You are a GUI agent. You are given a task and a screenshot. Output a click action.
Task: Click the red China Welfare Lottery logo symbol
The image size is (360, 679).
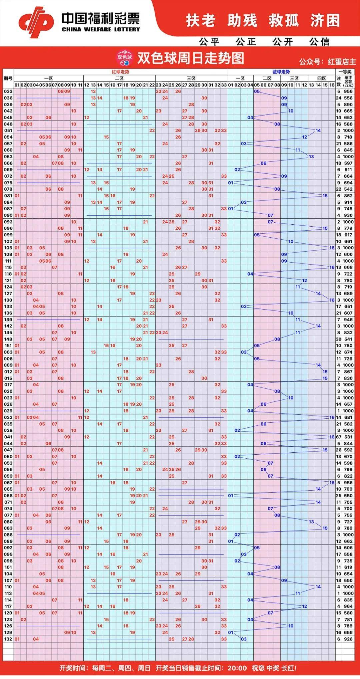click(x=36, y=22)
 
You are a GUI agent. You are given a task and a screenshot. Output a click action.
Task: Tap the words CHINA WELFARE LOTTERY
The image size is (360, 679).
click(x=101, y=29)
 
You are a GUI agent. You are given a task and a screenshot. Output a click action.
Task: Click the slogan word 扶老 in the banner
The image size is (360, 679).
click(x=201, y=21)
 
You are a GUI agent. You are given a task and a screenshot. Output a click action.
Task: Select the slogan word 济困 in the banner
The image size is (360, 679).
click(x=325, y=21)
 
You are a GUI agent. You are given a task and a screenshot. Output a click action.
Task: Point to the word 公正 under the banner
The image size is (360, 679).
click(x=246, y=42)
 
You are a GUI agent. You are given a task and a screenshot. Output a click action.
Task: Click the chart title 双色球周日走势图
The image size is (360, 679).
click(x=191, y=58)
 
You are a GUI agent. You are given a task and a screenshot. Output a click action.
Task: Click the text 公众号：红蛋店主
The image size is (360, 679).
click(x=327, y=62)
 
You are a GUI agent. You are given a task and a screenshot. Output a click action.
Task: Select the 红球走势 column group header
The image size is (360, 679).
click(x=120, y=72)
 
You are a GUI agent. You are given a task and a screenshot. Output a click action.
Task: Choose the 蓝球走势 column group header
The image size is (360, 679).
click(x=281, y=72)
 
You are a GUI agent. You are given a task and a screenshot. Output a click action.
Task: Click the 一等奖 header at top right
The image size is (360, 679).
click(x=345, y=72)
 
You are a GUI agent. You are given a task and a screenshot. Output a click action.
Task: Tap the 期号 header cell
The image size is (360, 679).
click(x=8, y=79)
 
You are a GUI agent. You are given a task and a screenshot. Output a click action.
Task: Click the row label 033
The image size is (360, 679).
click(x=8, y=92)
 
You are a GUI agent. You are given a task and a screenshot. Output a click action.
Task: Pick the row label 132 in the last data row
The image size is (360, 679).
click(x=8, y=639)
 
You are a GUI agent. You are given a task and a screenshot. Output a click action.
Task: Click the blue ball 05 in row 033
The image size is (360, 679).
click(x=257, y=92)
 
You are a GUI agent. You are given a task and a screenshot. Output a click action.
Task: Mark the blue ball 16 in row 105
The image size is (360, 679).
click(x=332, y=248)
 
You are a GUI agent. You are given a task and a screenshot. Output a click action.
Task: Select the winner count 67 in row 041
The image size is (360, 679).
click(x=339, y=437)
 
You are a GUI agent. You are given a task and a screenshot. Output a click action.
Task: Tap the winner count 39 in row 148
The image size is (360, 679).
click(x=339, y=339)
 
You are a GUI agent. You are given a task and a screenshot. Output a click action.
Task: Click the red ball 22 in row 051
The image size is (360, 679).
click(x=152, y=130)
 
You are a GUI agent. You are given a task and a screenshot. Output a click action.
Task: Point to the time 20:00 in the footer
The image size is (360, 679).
click(x=237, y=668)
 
